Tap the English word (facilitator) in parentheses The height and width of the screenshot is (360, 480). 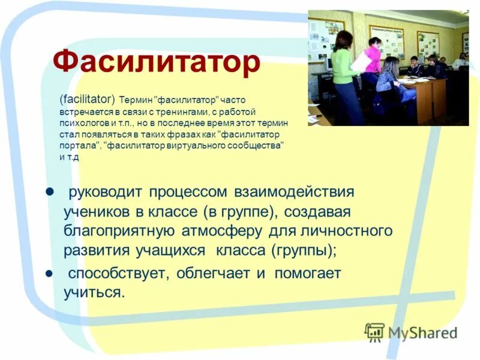88,99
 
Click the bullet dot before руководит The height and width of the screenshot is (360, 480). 50,191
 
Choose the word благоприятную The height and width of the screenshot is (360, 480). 119,231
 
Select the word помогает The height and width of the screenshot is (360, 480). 308,274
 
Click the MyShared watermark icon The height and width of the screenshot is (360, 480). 374,332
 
